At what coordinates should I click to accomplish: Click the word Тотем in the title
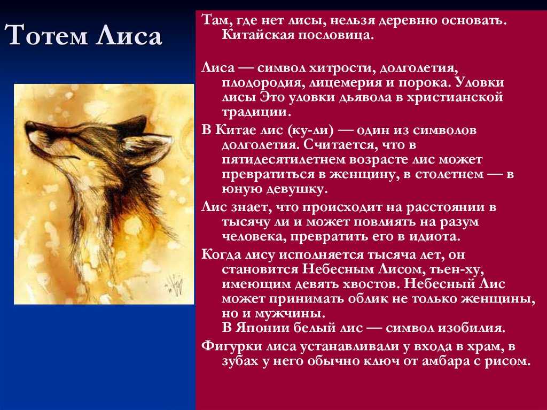(x=46, y=35)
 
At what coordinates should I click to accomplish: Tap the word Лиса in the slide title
(x=129, y=35)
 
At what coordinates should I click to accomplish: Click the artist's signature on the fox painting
(x=174, y=284)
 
